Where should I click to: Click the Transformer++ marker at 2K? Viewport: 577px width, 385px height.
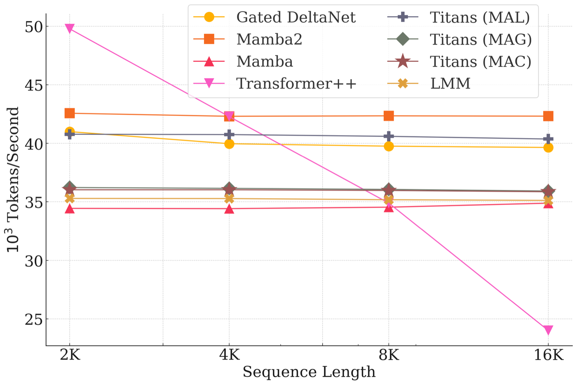click(x=70, y=28)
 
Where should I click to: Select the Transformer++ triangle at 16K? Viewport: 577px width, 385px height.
click(x=548, y=330)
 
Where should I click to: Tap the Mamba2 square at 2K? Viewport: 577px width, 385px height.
click(x=70, y=113)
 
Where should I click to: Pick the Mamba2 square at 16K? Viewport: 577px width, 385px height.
click(x=548, y=116)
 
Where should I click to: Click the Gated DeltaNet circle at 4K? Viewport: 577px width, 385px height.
click(x=229, y=144)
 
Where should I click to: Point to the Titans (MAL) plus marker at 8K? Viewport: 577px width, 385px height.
click(x=389, y=136)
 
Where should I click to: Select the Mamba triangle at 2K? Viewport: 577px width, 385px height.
click(x=70, y=208)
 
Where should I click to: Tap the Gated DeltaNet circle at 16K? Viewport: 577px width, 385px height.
click(x=548, y=147)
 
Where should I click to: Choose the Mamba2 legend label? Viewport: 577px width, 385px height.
click(x=269, y=40)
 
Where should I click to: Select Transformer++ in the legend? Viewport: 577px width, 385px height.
click(x=296, y=83)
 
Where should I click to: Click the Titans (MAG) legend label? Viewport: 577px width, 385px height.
click(x=481, y=40)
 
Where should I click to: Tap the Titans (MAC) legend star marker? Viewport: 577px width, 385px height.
click(x=403, y=61)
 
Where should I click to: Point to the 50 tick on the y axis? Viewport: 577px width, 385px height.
click(x=33, y=27)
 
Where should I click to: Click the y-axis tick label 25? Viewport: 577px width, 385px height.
click(x=33, y=319)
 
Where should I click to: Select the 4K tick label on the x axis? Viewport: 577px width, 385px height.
click(x=229, y=355)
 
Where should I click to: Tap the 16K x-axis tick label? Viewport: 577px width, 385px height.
click(x=549, y=355)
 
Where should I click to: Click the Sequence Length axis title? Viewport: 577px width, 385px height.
click(x=309, y=372)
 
